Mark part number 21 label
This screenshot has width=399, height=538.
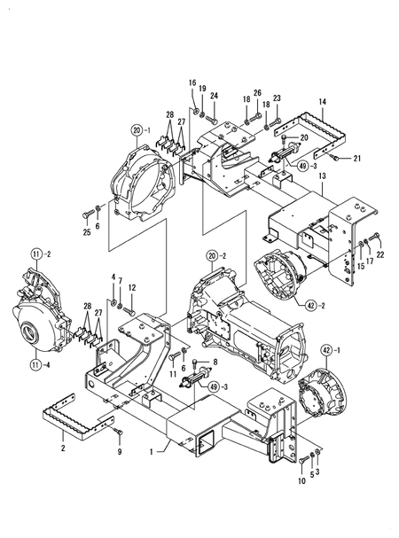tap(357, 159)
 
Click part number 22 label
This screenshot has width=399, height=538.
tap(381, 255)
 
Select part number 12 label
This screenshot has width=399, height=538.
tap(131, 287)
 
